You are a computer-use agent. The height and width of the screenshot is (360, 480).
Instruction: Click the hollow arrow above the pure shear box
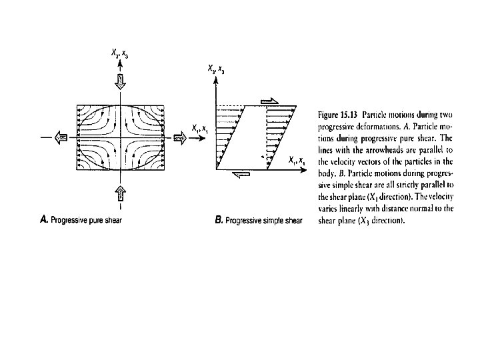pos(121,83)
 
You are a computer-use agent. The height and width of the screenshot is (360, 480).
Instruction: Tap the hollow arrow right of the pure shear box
pos(179,137)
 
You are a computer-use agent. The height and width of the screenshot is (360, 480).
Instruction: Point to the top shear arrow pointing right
pos(269,99)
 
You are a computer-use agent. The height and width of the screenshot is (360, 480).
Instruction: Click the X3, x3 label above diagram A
pos(121,53)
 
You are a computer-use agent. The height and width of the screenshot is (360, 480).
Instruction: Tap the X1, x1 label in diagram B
pos(297,160)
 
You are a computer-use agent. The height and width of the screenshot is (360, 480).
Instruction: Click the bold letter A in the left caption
pos(44,217)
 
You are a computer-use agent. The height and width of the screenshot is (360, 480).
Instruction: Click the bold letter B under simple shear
pos(219,220)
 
